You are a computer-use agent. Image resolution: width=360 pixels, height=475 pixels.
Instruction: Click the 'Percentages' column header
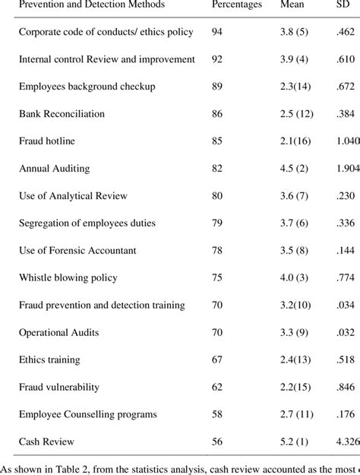click(237, 5)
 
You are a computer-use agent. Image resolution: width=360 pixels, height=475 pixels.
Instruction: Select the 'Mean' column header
click(292, 5)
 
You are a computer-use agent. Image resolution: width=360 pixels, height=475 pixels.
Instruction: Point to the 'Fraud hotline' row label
click(48, 141)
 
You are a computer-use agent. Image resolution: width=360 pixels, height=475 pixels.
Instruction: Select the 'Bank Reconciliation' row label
click(62, 114)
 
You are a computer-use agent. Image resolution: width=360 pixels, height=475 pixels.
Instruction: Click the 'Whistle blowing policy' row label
click(69, 278)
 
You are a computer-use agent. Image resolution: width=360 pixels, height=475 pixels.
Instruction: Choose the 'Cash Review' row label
click(46, 442)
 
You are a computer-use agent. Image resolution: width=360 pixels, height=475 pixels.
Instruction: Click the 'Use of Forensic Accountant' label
click(77, 251)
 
